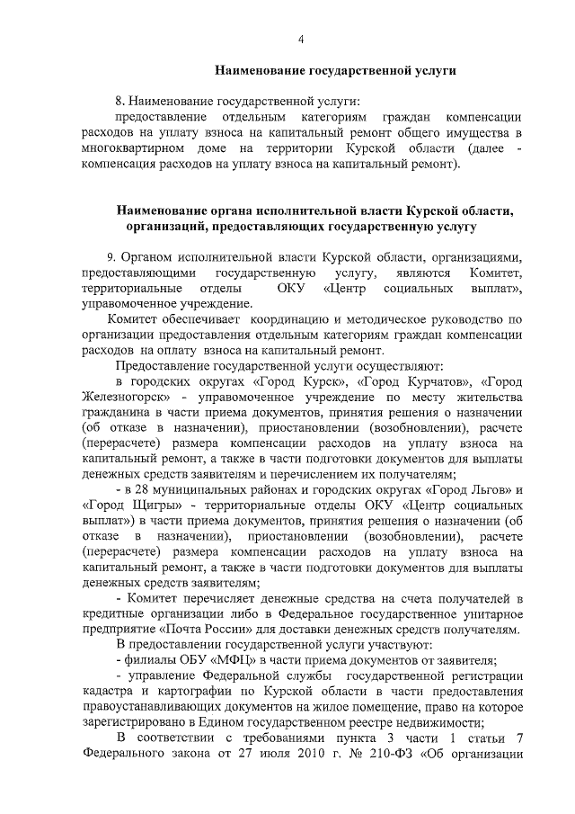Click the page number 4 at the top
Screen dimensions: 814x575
[301, 39]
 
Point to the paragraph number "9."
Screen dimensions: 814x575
[111, 256]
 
